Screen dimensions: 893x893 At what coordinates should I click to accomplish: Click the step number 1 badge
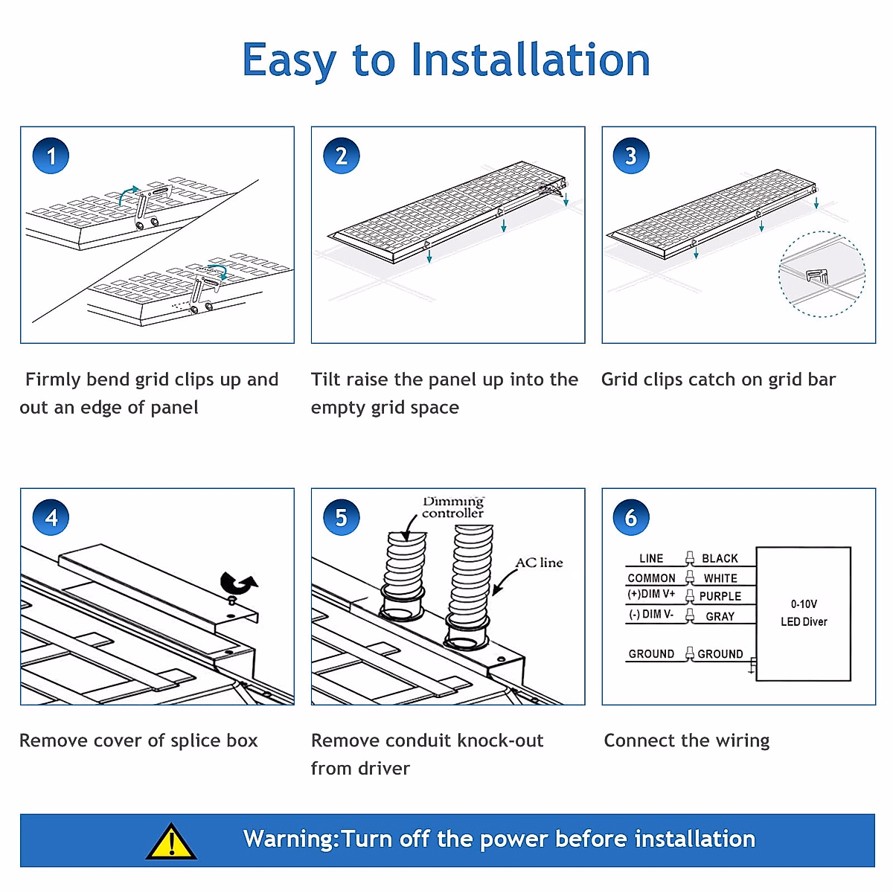(51, 156)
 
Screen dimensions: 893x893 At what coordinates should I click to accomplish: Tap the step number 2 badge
(342, 156)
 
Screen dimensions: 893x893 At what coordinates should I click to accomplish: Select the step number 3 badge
(631, 156)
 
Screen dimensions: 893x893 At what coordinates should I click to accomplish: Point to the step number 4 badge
(51, 517)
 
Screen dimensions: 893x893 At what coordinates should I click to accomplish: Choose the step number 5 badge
(342, 517)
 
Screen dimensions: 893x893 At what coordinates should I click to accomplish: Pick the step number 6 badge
(631, 517)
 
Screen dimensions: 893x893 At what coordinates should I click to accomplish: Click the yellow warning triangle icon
(172, 842)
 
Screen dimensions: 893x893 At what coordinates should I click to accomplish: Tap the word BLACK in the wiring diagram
(720, 558)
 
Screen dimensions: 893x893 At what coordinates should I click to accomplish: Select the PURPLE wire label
(720, 596)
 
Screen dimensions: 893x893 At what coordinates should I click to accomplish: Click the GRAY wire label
(720, 616)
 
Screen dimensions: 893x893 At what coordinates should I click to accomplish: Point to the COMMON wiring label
(651, 578)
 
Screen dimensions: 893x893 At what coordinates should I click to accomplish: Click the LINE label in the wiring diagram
(651, 558)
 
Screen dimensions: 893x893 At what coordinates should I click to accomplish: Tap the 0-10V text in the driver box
(804, 604)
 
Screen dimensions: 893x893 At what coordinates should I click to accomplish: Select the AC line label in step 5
(540, 563)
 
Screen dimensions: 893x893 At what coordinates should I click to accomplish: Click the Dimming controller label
(452, 508)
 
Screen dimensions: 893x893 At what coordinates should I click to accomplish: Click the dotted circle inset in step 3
(822, 274)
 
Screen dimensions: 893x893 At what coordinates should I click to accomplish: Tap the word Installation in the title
(531, 60)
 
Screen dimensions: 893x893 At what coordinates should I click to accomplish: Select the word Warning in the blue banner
(289, 839)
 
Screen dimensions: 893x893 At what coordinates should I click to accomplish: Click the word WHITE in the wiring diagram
(720, 578)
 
